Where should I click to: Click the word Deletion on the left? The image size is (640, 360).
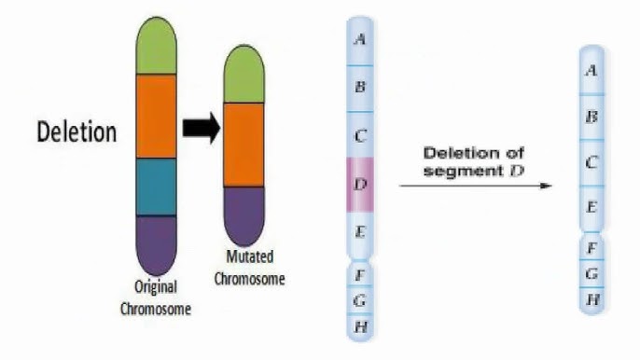coord(77,132)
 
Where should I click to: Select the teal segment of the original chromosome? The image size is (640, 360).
coord(157,187)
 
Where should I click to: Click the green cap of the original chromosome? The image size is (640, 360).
coord(157,47)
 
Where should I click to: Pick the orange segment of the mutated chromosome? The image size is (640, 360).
coord(244,132)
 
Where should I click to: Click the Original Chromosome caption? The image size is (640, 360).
coord(156,298)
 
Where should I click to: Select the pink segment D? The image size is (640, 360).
coord(360,183)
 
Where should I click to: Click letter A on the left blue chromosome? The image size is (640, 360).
coord(360,39)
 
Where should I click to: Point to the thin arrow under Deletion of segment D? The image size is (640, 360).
coord(476,186)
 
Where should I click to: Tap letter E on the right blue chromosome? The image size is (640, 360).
coord(591,206)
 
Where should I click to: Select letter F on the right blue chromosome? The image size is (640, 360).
coord(591,248)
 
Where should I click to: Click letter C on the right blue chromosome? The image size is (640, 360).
coord(591,161)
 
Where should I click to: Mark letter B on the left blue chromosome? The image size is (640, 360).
coord(360,87)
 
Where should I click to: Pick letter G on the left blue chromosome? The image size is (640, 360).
coord(360,300)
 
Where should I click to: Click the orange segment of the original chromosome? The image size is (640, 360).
coord(157,115)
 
